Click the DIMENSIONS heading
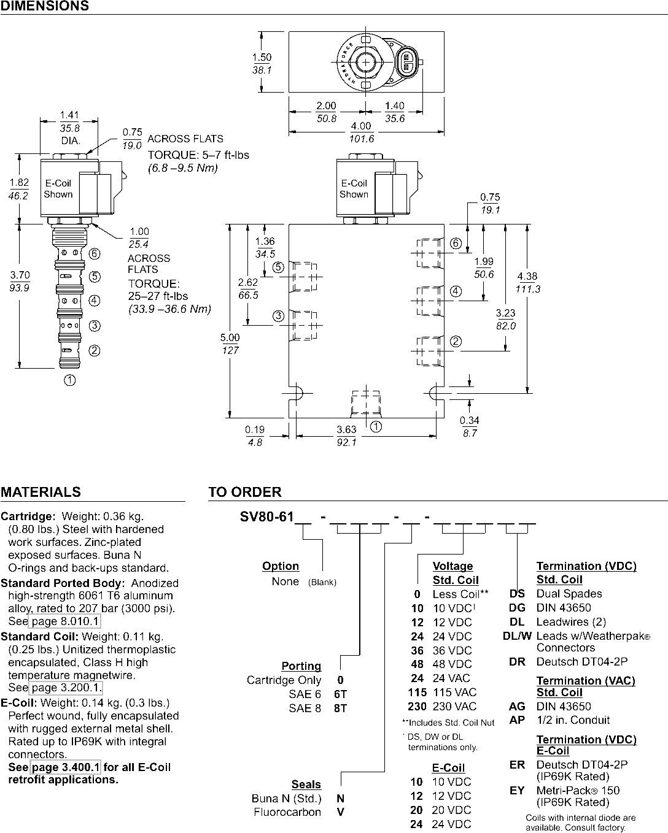pos(45,6)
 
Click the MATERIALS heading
pos(41,492)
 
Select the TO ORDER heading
pos(245,492)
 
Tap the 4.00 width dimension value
pos(361,126)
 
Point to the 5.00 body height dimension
pos(230,337)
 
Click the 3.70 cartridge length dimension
pos(20,275)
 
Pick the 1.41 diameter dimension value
pos(69,115)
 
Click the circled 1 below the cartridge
pos(70,380)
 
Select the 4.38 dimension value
pos(527,277)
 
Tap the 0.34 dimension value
pos(469,420)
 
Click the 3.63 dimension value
pos(346,429)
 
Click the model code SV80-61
pos(267,516)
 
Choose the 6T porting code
pos(340,694)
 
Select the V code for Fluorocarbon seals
pos(340,812)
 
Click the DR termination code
pos(518,662)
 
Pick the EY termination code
pos(517,791)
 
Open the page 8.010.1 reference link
pos(65,621)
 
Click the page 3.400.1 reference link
pos(65,767)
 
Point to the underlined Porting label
pos(301,666)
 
